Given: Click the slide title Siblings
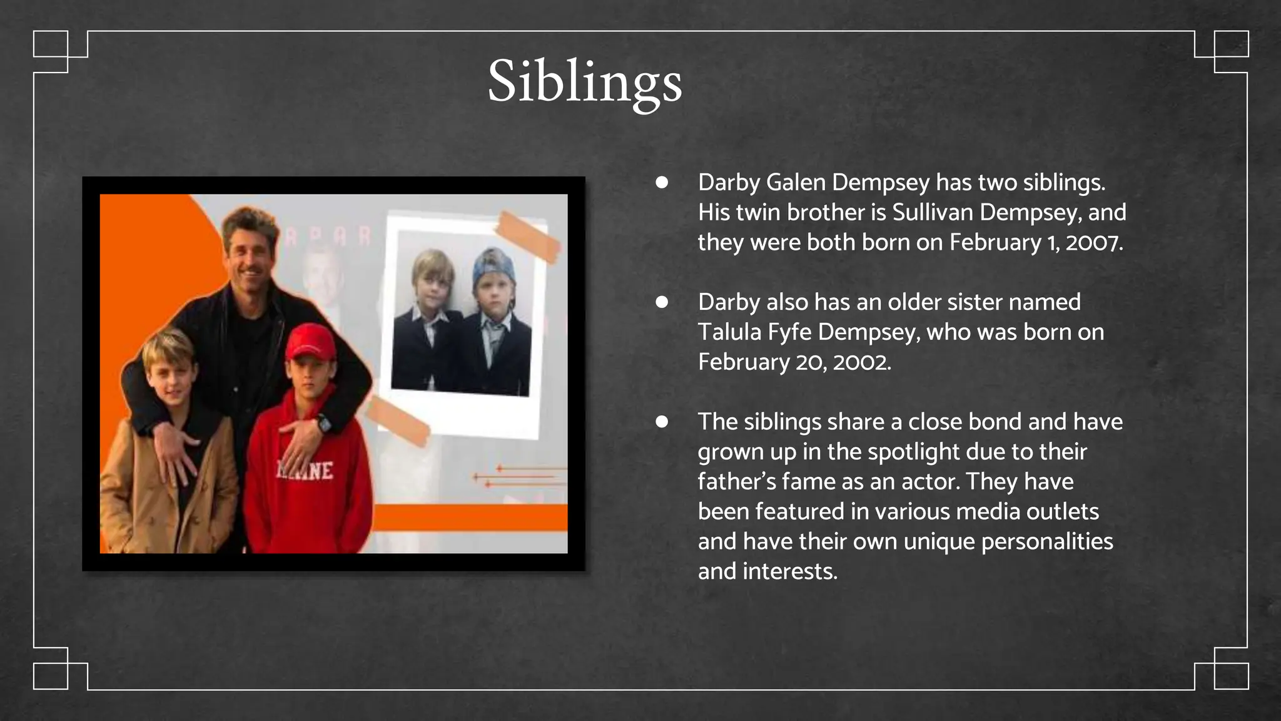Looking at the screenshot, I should (585, 81).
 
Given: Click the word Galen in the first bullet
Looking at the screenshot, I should (796, 182).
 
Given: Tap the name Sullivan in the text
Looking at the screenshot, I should (933, 212).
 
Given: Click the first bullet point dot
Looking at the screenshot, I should (662, 183).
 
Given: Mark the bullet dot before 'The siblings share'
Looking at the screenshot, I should (662, 422).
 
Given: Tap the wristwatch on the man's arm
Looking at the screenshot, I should (324, 424).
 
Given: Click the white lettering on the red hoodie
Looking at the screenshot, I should (305, 471).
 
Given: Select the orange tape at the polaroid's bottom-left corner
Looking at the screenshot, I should (398, 421).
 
